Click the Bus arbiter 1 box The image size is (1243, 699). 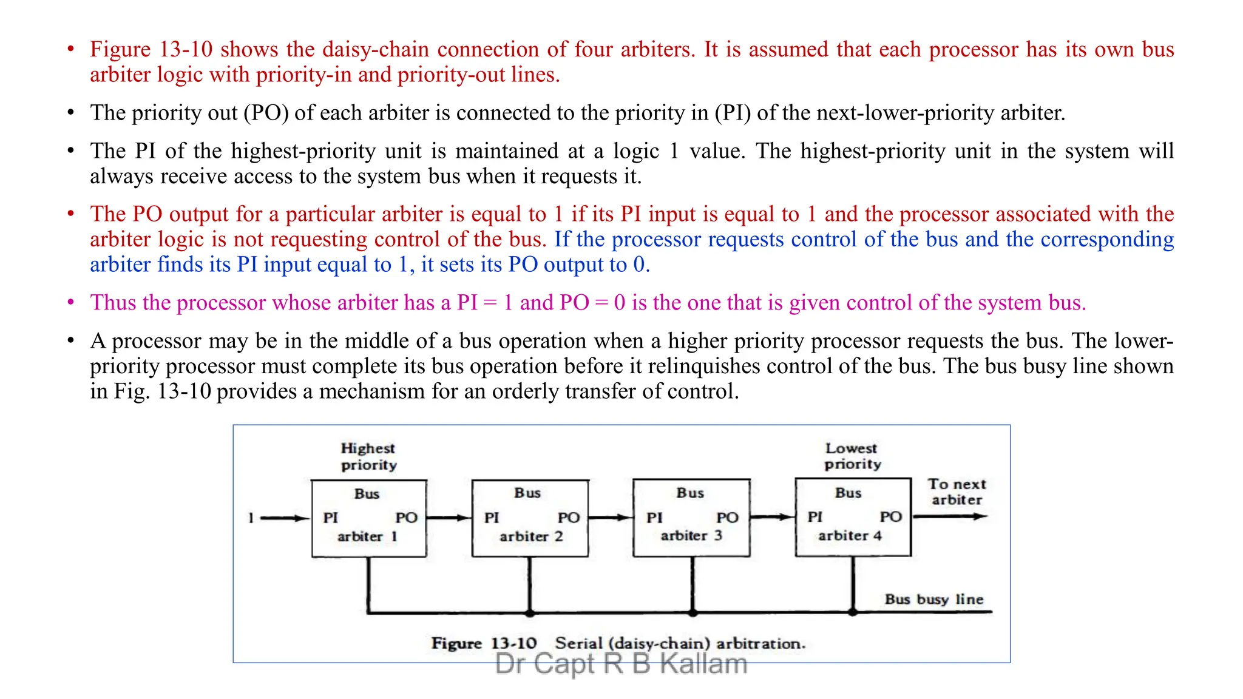(x=368, y=518)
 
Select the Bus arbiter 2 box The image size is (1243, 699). (x=530, y=518)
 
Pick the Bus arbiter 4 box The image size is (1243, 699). (x=853, y=517)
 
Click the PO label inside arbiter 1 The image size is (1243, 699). (x=406, y=518)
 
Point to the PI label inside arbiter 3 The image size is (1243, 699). (x=654, y=518)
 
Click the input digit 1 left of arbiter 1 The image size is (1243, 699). (x=250, y=518)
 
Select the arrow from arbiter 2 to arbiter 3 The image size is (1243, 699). (x=611, y=518)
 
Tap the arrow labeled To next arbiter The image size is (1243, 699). (x=950, y=516)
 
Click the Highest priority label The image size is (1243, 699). (x=368, y=456)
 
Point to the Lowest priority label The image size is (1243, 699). (x=852, y=456)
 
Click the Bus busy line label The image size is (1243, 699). (x=933, y=599)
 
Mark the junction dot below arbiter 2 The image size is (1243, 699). (x=530, y=613)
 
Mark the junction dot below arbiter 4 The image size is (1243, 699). (x=853, y=612)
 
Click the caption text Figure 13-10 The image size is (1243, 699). (x=484, y=643)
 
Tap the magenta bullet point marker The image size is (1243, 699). (x=71, y=302)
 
